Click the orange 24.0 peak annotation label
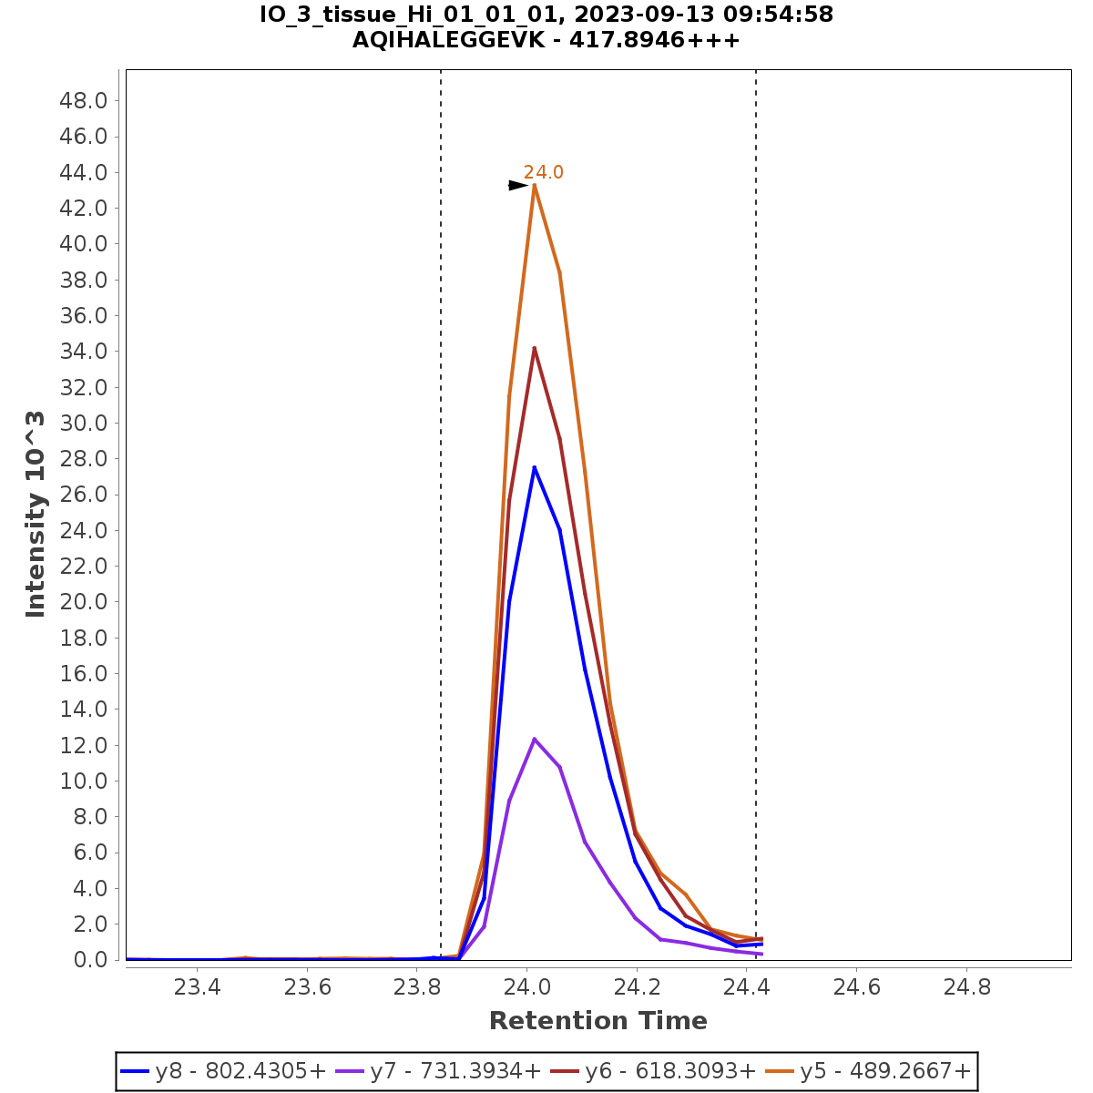click(x=543, y=172)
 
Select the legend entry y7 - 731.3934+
click(x=439, y=1072)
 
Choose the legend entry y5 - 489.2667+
click(x=869, y=1072)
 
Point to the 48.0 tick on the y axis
click(x=84, y=100)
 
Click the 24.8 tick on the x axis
click(x=966, y=988)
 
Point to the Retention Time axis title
click(x=598, y=1021)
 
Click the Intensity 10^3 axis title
click(x=36, y=515)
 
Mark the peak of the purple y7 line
click(x=535, y=739)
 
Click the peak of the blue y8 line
click(x=535, y=467)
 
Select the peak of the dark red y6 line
click(x=535, y=348)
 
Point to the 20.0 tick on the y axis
click(x=84, y=602)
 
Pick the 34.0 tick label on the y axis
click(x=84, y=352)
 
